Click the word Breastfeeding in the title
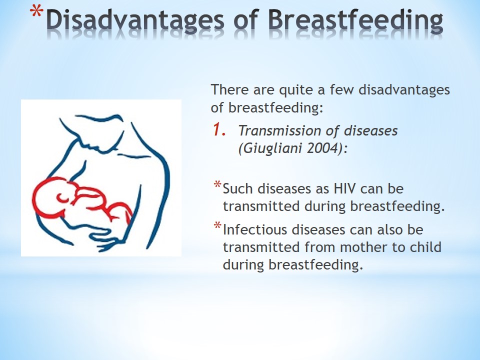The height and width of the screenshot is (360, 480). [x=355, y=20]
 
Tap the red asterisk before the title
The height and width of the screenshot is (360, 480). [x=36, y=13]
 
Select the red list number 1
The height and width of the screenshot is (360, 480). [x=219, y=129]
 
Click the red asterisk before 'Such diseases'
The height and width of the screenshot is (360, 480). [x=217, y=185]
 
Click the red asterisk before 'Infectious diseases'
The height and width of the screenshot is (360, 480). [x=217, y=226]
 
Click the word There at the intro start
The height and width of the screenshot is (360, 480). [x=229, y=89]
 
